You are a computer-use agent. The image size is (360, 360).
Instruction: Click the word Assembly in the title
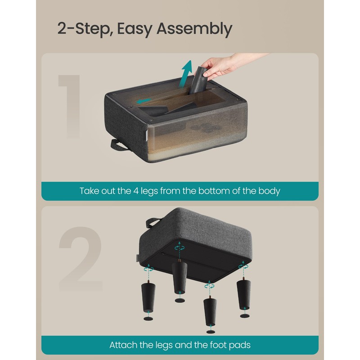194,29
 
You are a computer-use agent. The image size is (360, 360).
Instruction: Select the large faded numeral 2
81,259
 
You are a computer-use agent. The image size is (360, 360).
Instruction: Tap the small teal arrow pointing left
144,101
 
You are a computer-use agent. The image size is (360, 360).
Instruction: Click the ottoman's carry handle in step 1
118,144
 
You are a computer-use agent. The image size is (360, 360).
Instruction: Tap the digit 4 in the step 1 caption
136,191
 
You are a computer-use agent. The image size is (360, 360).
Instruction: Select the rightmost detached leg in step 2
243,294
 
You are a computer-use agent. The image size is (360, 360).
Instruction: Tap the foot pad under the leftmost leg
148,319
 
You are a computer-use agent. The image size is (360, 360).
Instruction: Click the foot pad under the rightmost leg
245,316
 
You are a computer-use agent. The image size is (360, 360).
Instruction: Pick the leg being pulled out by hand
198,81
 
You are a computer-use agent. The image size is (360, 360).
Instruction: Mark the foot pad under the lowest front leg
211,332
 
